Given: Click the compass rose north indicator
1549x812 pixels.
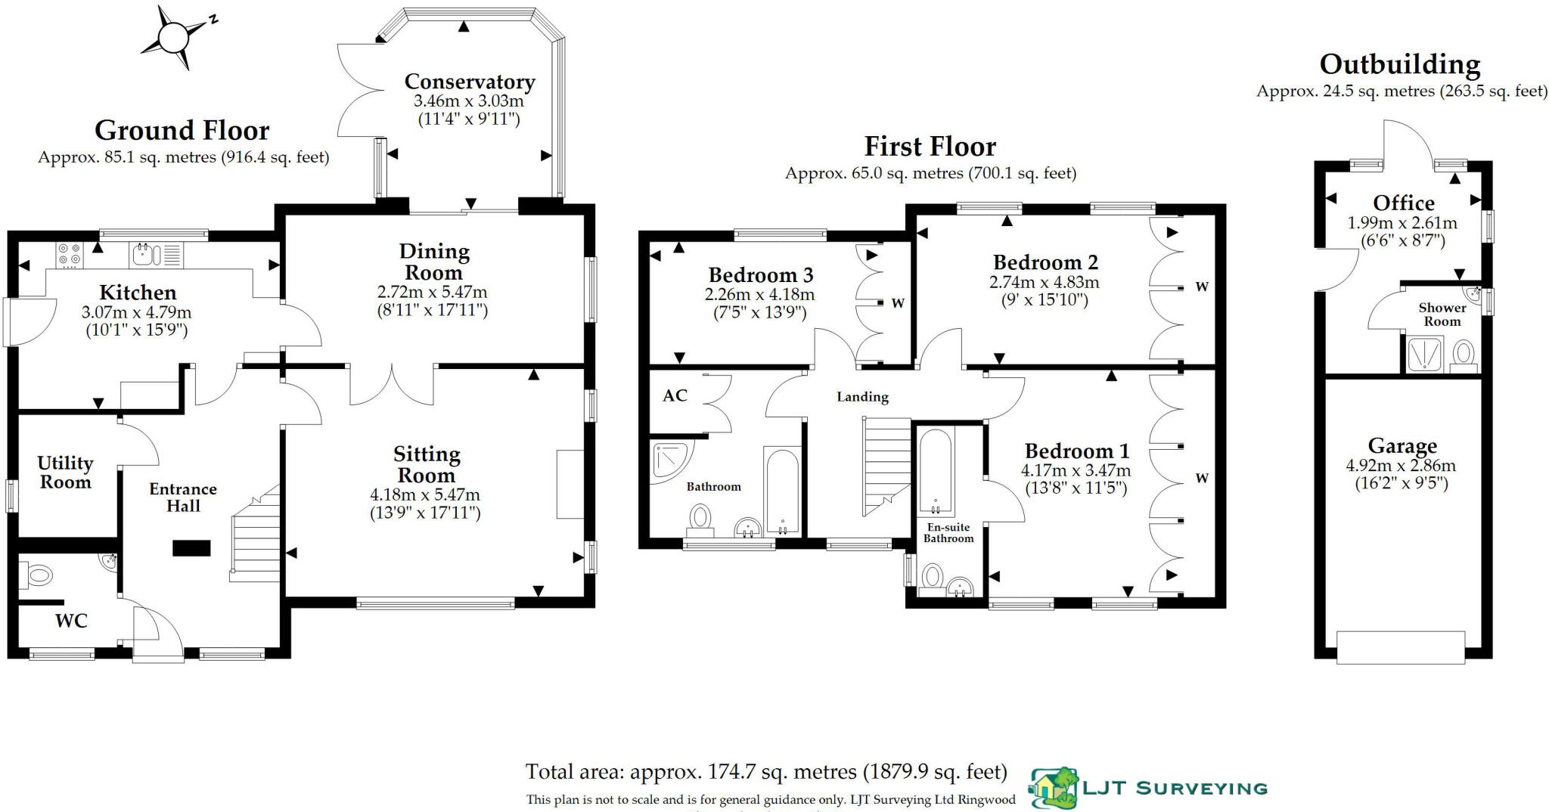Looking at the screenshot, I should (x=213, y=20).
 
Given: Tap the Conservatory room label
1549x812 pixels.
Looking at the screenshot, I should (x=469, y=81).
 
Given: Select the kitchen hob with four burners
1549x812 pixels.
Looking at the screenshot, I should (x=69, y=254).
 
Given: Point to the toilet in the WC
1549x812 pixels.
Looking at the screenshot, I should (x=36, y=576).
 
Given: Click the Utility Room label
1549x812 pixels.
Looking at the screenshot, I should (x=65, y=473).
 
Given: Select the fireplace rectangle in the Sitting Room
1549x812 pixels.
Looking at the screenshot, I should (x=570, y=484).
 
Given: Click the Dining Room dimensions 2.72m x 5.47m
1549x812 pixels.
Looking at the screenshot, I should (x=432, y=292).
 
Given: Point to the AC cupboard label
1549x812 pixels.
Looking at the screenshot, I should (x=675, y=395).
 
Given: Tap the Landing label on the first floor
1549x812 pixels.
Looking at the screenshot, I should (x=862, y=396).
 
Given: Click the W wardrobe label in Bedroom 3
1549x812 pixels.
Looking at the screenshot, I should (x=898, y=303).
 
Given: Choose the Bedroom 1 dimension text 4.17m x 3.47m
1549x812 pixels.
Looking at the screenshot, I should (x=1076, y=470).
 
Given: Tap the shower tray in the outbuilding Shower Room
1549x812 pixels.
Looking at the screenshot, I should (x=1425, y=355).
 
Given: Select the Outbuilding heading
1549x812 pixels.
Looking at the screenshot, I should (x=1400, y=64).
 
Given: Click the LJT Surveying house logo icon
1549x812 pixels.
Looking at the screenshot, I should (x=1054, y=788).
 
